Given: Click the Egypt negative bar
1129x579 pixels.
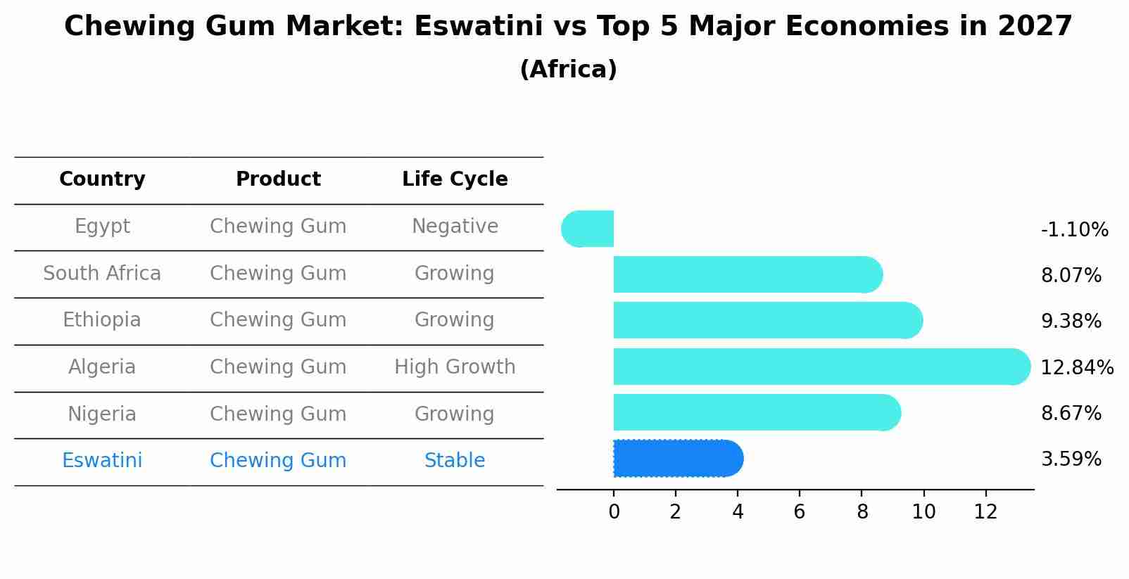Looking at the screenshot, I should tap(588, 229).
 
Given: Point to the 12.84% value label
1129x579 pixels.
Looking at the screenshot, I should tap(1077, 367).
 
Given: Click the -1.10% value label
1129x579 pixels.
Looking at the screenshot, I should tap(1074, 230).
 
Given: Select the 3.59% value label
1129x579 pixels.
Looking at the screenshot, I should tap(1071, 459).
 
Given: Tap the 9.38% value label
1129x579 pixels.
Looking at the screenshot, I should tap(1071, 322).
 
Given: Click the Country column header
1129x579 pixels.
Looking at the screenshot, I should tap(102, 179).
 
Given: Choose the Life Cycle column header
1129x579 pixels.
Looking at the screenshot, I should tap(455, 179).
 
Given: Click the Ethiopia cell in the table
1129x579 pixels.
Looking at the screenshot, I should tap(102, 320).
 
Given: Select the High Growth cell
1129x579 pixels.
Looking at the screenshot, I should tap(455, 367).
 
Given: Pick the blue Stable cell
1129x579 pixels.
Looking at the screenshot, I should tap(455, 461).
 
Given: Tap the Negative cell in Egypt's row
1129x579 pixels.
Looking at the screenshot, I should tap(455, 227).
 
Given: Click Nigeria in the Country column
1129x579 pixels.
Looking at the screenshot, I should tap(102, 414).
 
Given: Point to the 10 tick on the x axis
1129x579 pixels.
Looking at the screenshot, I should tap(923, 512).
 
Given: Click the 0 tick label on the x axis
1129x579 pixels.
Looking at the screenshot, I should tap(614, 512).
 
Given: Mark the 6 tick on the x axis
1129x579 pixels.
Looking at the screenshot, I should tap(800, 512).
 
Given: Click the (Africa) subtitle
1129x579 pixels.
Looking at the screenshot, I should tap(568, 70).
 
